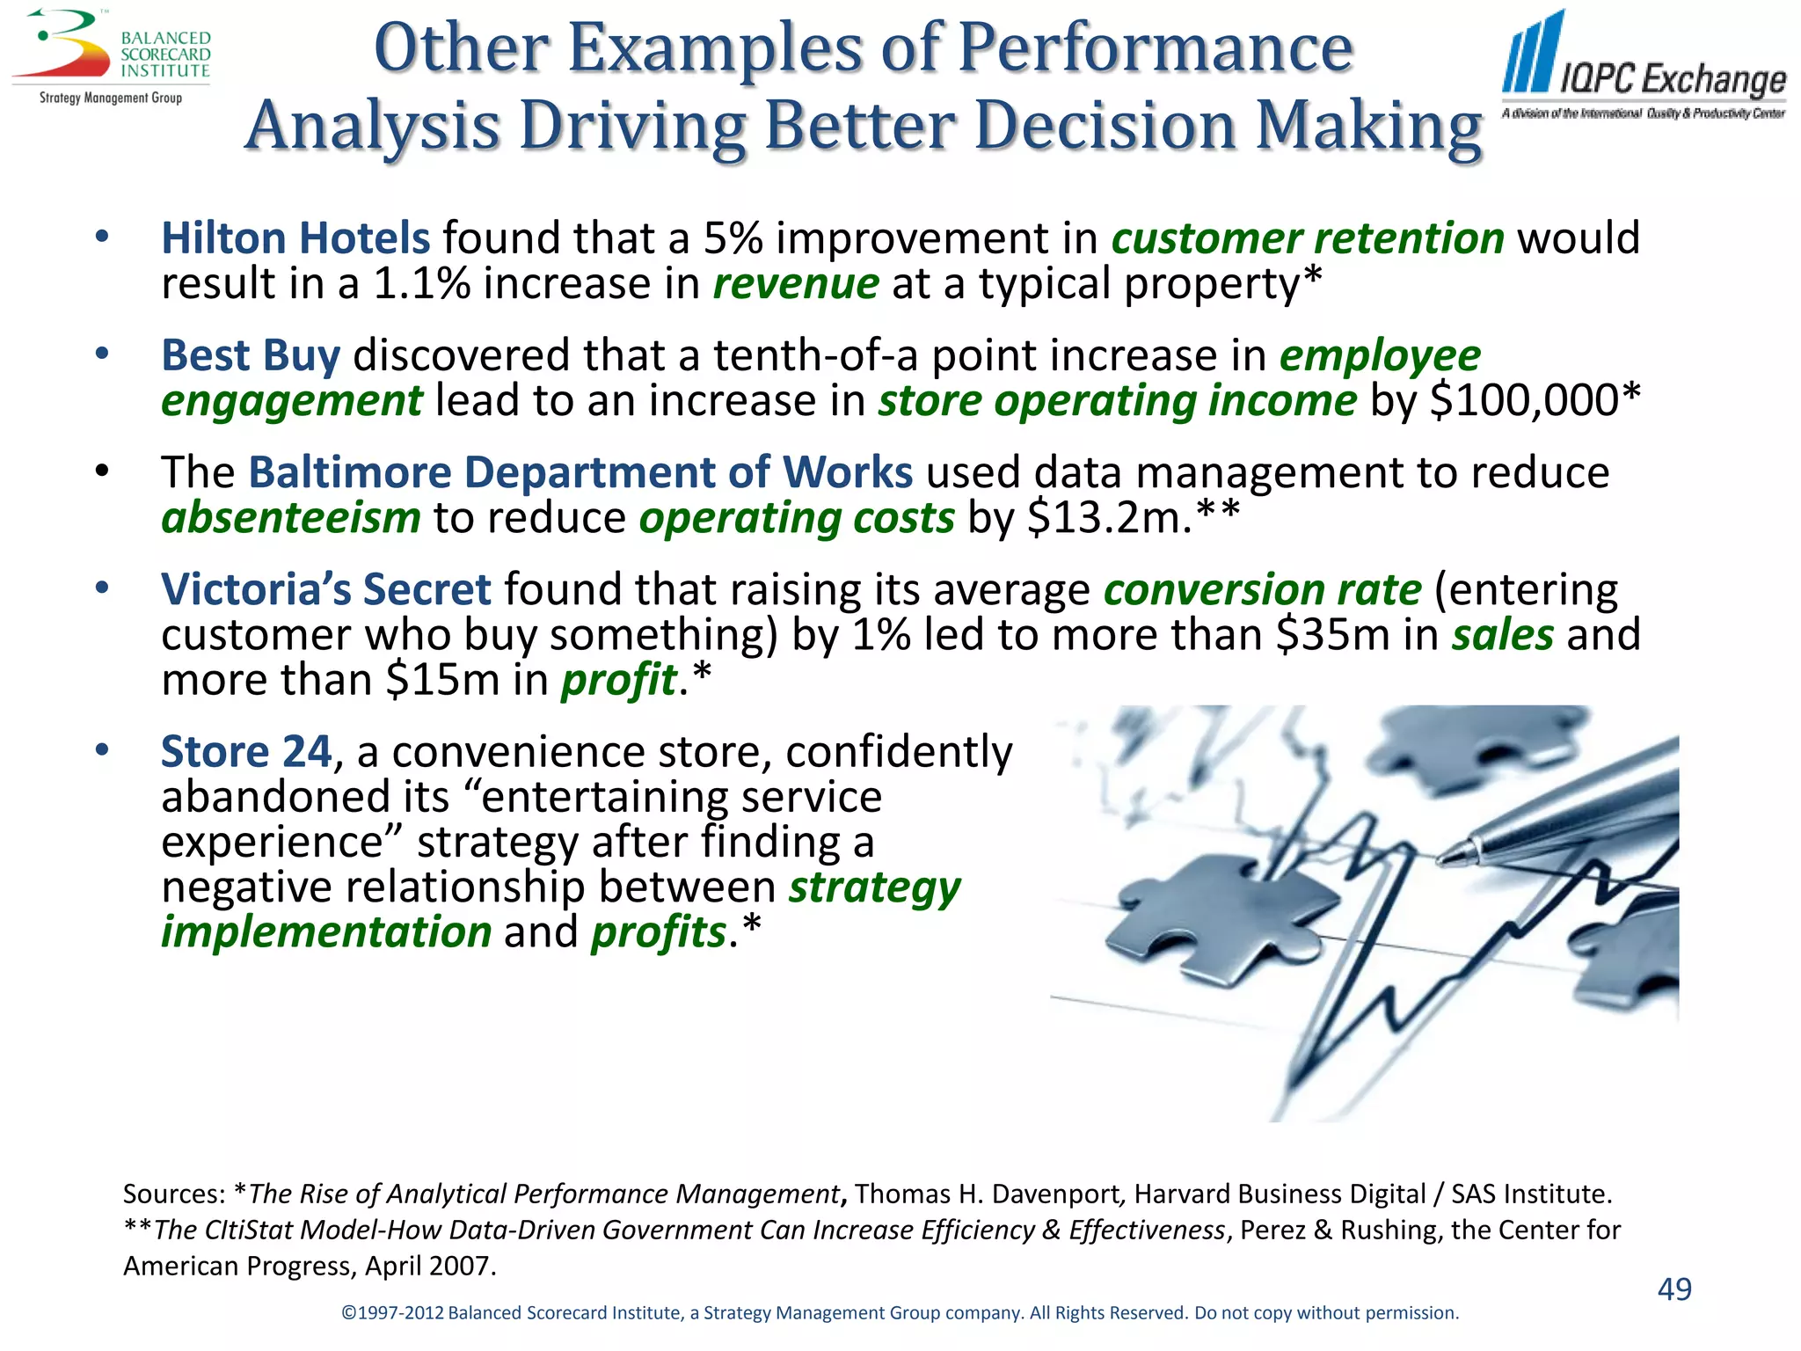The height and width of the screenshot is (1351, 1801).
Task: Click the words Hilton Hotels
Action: click(x=295, y=238)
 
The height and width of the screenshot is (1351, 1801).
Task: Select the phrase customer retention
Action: click(x=1308, y=238)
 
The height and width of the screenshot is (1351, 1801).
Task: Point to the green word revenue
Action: click(x=795, y=284)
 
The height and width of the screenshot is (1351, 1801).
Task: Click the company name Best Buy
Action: click(x=251, y=355)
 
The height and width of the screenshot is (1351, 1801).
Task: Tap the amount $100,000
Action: click(x=1523, y=401)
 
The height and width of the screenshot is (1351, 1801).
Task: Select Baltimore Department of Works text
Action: click(x=580, y=472)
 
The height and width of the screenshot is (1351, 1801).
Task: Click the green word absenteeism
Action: click(x=291, y=518)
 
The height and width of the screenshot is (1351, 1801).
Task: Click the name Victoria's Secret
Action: click(x=325, y=589)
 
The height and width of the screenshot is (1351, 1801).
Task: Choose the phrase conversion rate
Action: click(x=1262, y=589)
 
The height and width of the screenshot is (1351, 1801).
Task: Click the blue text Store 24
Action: click(x=246, y=752)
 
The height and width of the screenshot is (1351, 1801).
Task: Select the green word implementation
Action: click(x=326, y=931)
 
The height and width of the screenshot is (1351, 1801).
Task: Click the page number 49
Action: click(x=1673, y=1289)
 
